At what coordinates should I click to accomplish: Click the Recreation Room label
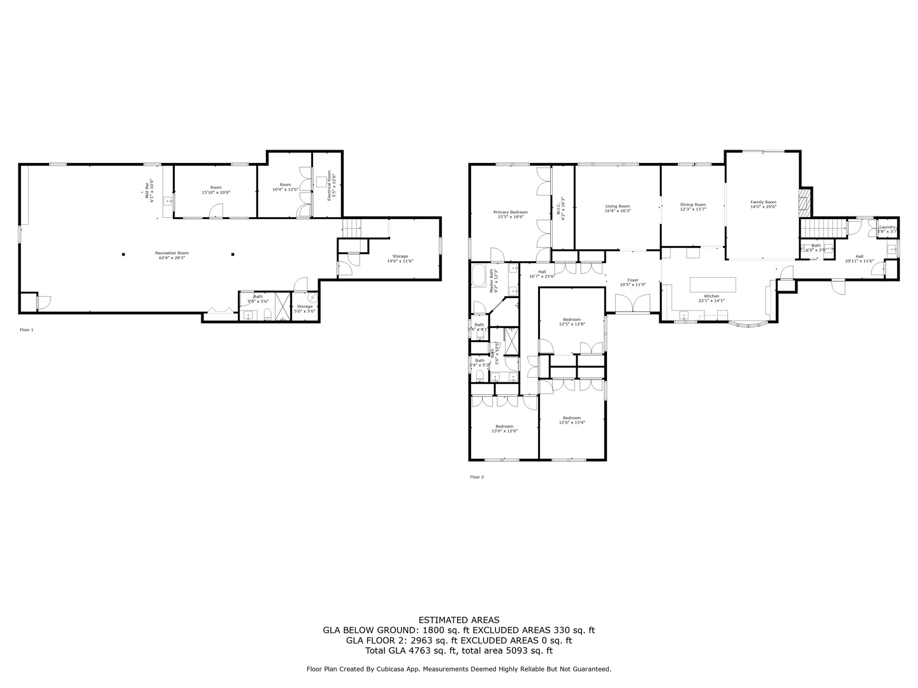172,253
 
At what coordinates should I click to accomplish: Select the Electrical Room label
330,185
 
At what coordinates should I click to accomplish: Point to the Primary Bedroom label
510,212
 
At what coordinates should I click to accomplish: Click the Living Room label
617,206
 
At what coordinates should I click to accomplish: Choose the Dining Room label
693,205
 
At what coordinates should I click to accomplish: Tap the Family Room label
763,202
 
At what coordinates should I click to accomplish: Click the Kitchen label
711,296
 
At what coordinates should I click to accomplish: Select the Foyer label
632,280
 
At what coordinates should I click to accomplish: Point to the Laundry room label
887,227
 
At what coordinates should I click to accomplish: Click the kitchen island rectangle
713,283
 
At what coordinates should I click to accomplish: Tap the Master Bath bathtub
479,278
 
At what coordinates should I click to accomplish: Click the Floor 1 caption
27,330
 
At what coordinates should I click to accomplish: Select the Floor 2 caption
477,477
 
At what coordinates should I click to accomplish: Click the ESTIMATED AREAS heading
458,620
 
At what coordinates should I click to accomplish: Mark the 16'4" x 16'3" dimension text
617,211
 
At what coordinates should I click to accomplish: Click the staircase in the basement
352,226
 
